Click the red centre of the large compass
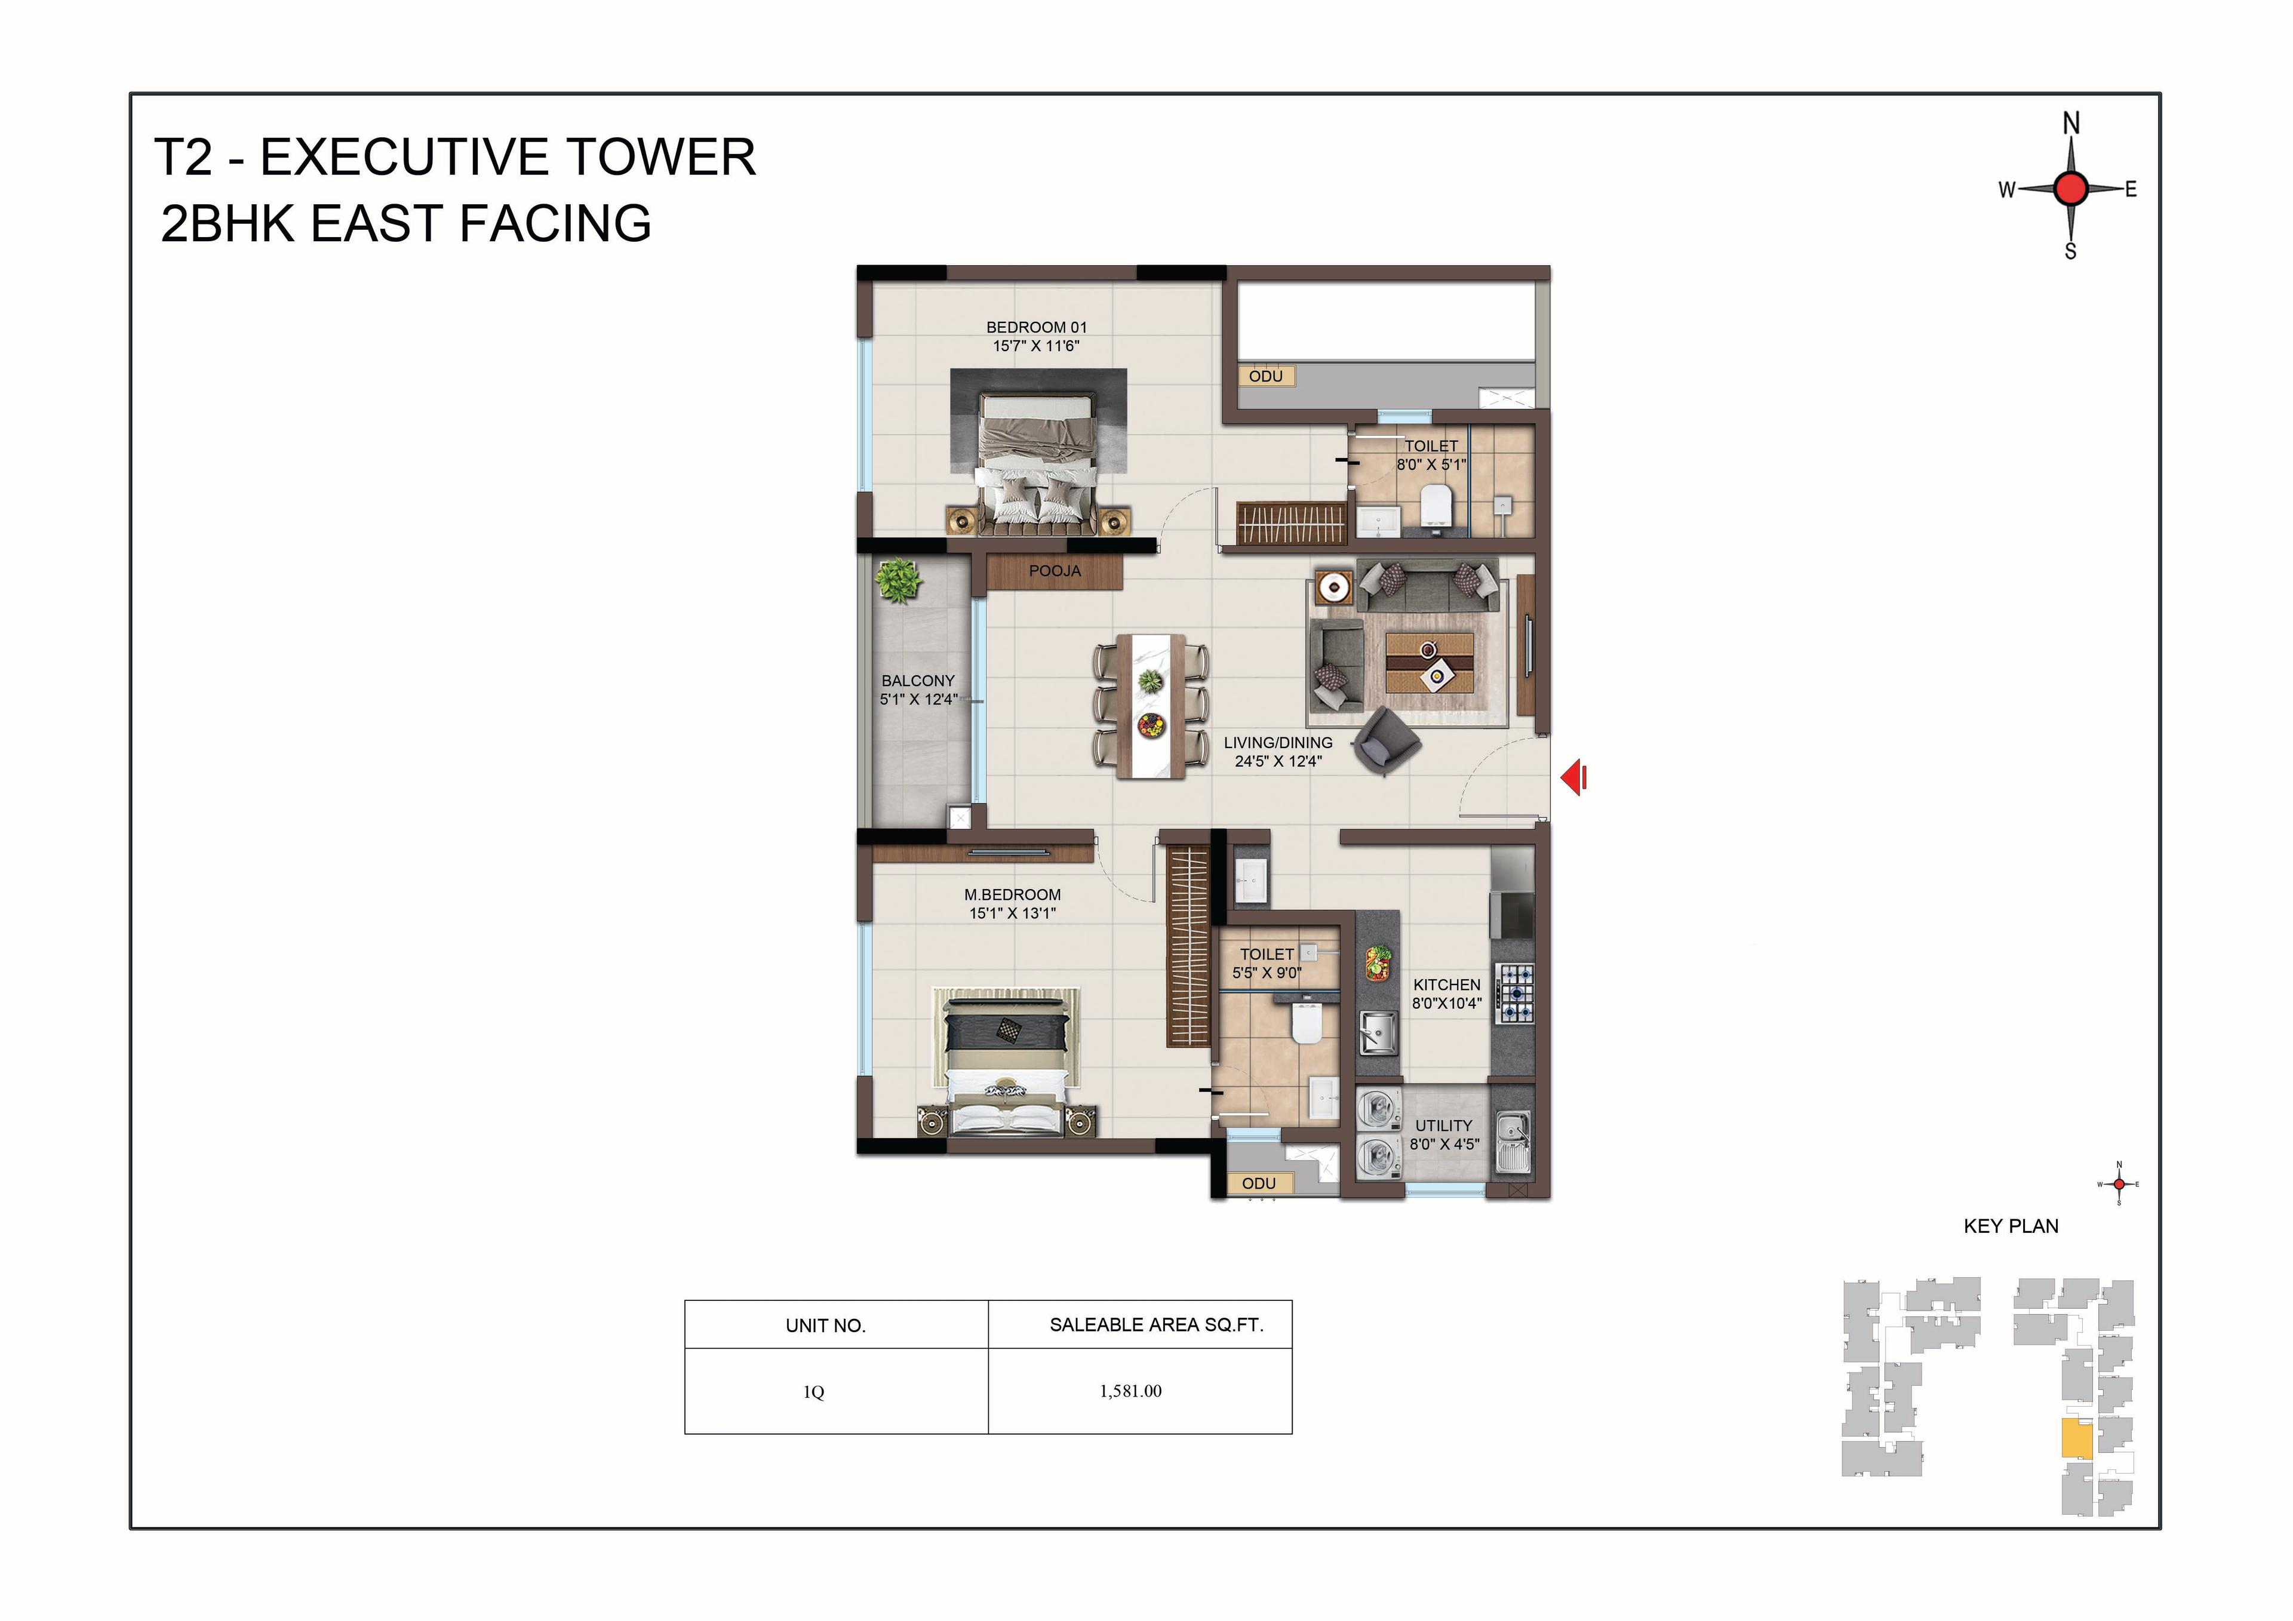(2071, 187)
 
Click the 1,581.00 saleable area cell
(1130, 1391)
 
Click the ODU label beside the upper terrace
(1265, 377)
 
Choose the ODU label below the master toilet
(1258, 1183)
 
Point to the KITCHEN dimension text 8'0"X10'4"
(1447, 1004)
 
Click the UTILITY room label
(1443, 1125)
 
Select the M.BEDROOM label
(1013, 895)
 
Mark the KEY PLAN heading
(2011, 1226)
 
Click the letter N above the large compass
(2071, 124)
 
